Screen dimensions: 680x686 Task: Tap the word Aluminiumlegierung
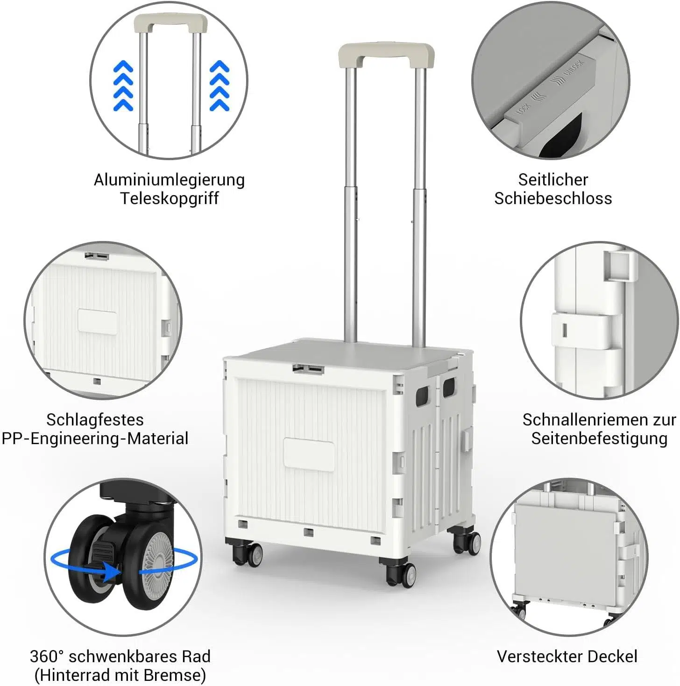coord(169,180)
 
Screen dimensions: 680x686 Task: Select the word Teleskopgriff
coord(169,198)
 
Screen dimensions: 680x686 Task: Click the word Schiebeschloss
coord(553,198)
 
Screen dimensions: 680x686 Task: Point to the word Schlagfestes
coord(95,420)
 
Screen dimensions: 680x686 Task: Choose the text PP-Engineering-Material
coord(95,438)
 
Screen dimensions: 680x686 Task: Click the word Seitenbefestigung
coord(599,438)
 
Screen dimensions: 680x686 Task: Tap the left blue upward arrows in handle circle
coord(123,86)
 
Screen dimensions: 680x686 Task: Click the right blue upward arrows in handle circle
coord(220,86)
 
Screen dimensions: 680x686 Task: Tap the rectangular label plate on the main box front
coord(309,454)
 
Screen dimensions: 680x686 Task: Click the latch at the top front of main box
coord(308,369)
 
